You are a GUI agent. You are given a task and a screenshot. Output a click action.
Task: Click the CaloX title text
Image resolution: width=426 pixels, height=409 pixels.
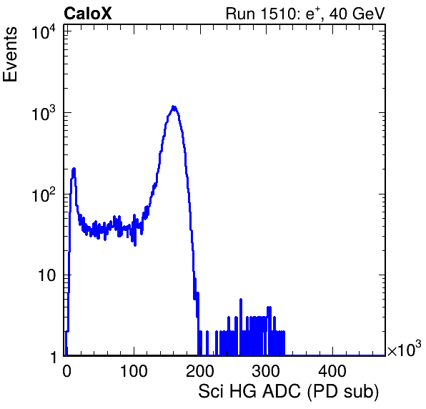pos(87,13)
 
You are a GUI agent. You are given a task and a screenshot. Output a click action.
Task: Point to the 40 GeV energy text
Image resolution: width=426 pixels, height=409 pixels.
pos(357,14)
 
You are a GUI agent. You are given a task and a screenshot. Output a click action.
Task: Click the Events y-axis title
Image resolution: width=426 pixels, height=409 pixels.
pos(10,54)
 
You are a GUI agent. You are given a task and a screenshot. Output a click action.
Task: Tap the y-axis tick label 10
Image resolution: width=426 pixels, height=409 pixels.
pos(47,275)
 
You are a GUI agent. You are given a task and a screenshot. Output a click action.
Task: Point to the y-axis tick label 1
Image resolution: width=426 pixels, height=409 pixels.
pos(53,357)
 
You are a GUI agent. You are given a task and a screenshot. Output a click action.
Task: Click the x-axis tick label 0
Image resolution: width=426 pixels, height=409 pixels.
pos(66,371)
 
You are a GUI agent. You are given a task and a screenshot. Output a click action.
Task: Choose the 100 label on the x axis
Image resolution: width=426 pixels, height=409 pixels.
pos(134,371)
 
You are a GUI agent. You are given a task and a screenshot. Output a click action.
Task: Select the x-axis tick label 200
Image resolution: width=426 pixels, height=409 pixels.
pos(200,371)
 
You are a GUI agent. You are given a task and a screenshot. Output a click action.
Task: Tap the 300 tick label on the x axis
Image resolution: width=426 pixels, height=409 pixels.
pos(266,371)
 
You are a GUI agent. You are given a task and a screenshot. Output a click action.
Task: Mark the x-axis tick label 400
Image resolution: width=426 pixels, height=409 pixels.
pos(332,371)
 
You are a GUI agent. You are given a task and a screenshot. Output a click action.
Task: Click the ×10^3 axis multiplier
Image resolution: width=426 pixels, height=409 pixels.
pos(405,348)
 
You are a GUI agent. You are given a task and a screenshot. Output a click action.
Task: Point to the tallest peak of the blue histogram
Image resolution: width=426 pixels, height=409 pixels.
pos(174,107)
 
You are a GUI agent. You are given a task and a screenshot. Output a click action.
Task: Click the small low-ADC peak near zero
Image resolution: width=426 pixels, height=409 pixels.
pos(74,169)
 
